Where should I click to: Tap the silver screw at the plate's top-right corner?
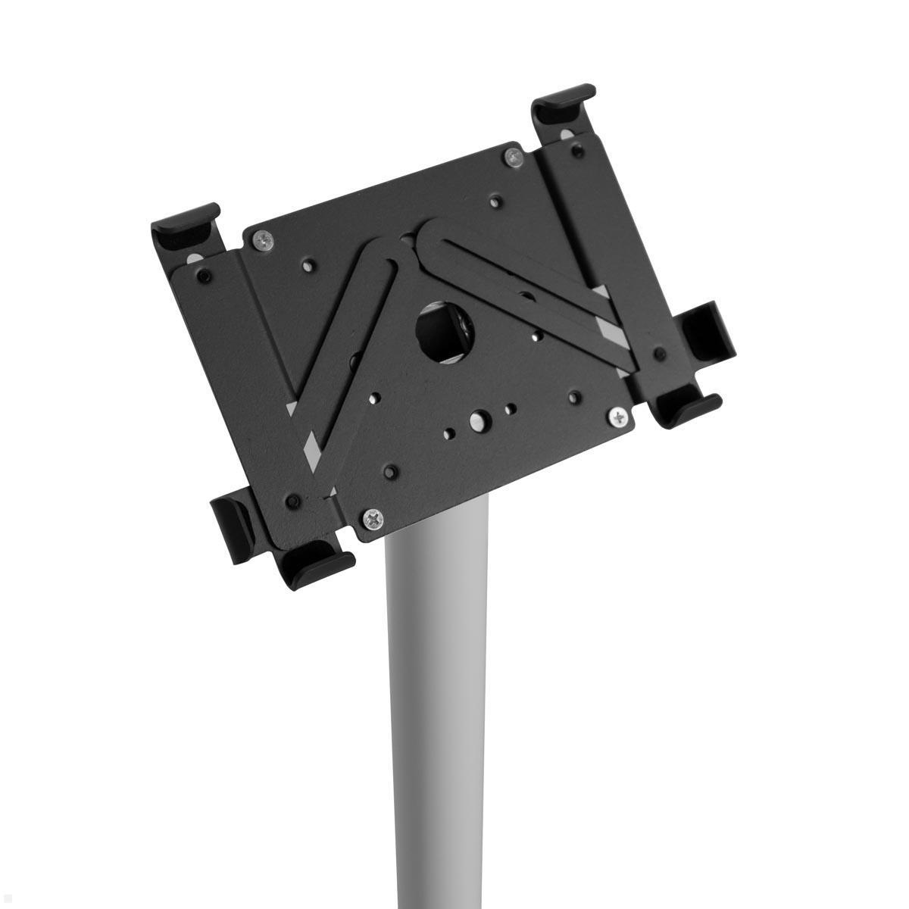[514, 158]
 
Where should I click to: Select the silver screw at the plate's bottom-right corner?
[620, 416]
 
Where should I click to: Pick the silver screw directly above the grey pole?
[373, 519]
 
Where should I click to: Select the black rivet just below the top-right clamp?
[577, 152]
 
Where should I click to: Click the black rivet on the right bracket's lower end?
[658, 353]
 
